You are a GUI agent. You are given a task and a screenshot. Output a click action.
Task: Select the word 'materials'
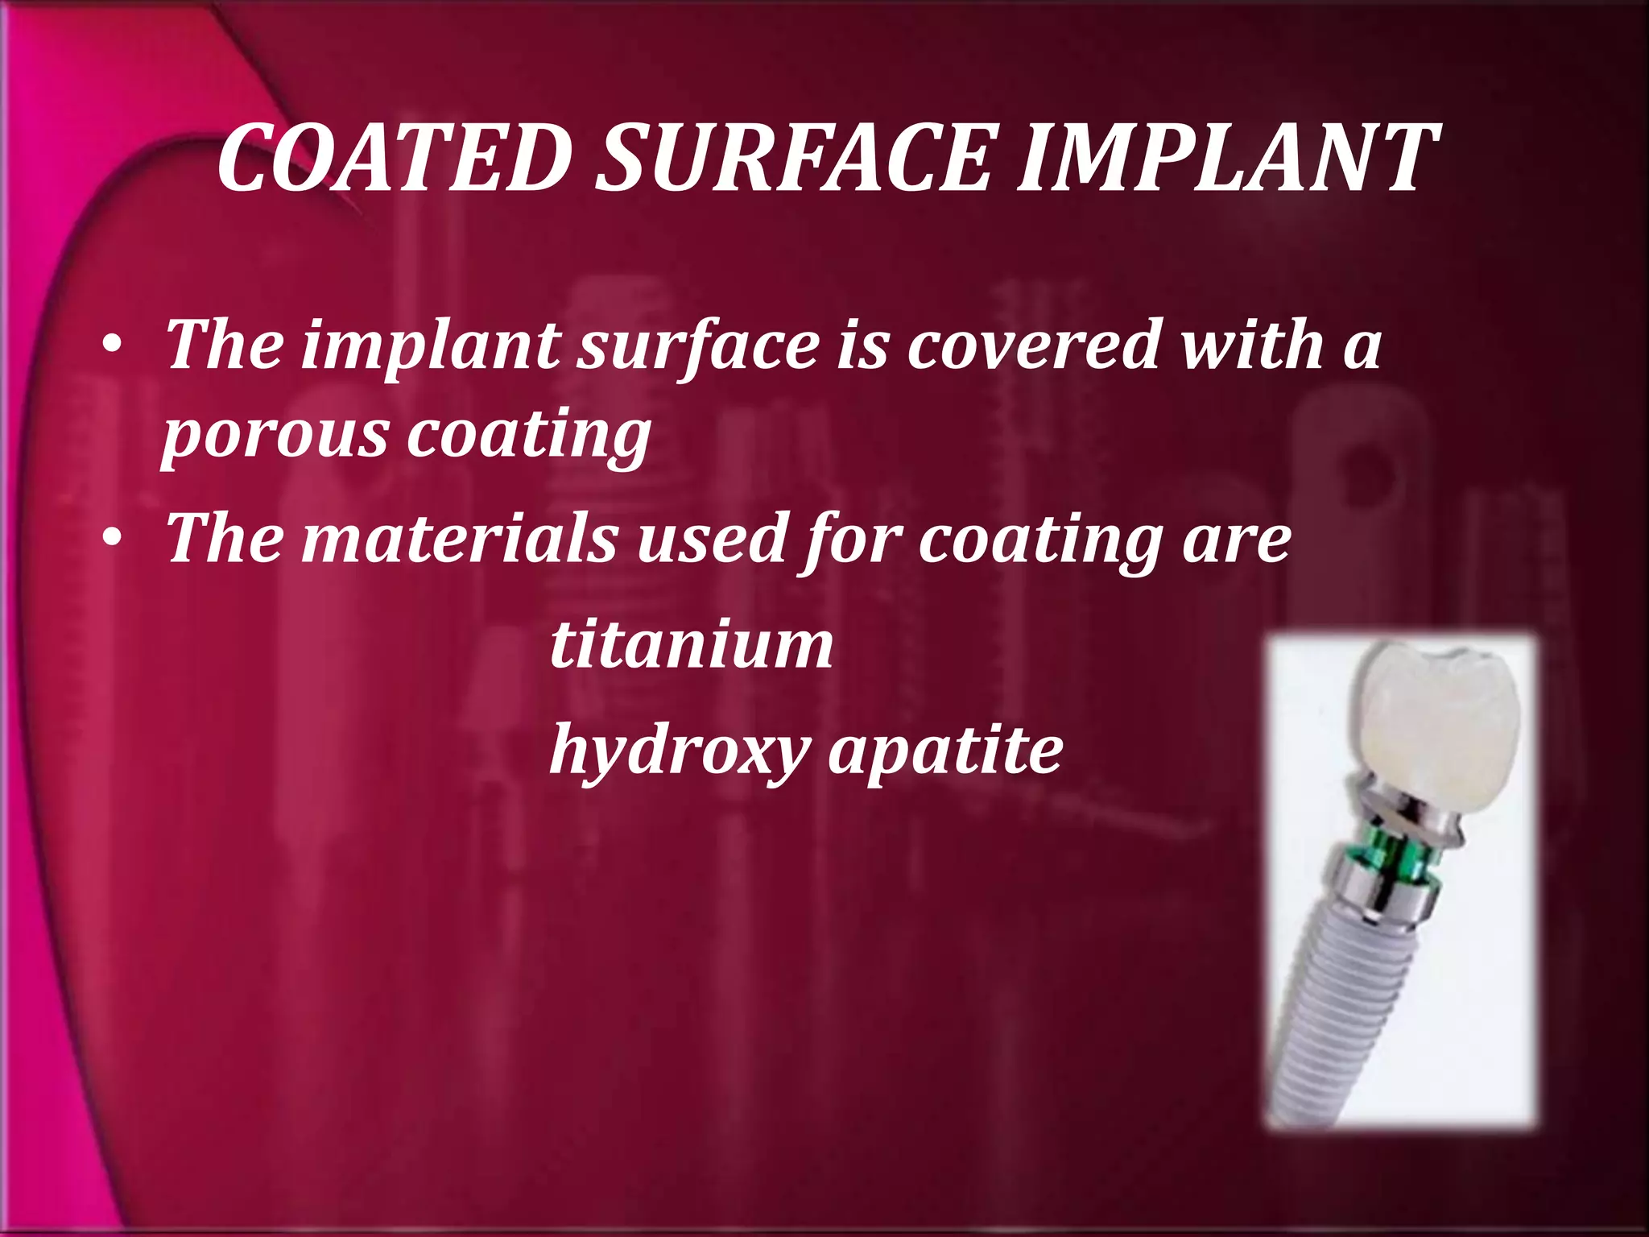click(460, 538)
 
